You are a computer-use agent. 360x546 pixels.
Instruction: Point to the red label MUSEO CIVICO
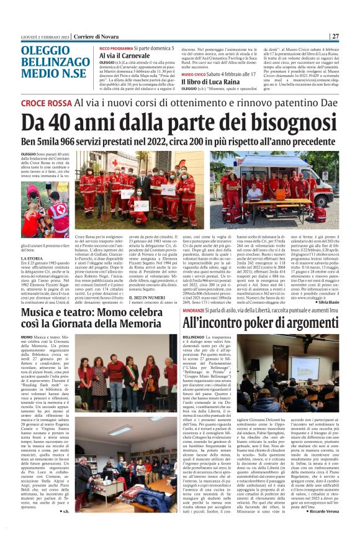tap(196, 73)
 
